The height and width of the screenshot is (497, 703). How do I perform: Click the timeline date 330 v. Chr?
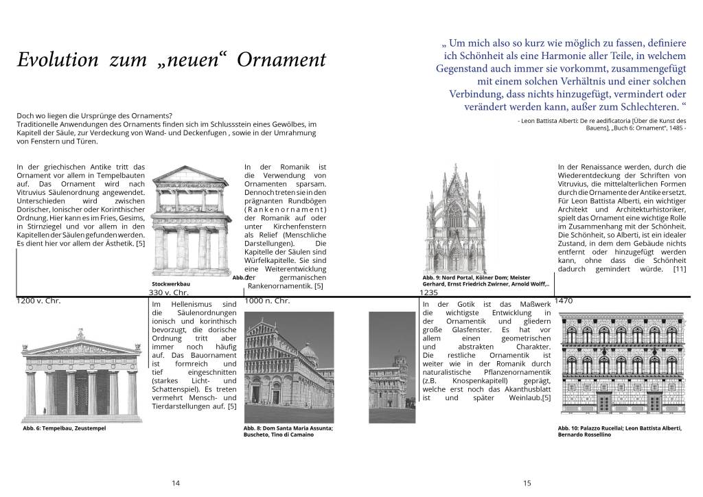(x=168, y=292)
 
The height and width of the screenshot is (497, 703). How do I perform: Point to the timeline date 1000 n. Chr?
(x=268, y=301)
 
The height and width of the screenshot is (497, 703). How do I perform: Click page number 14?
(x=176, y=483)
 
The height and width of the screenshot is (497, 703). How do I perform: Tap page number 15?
(x=527, y=483)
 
